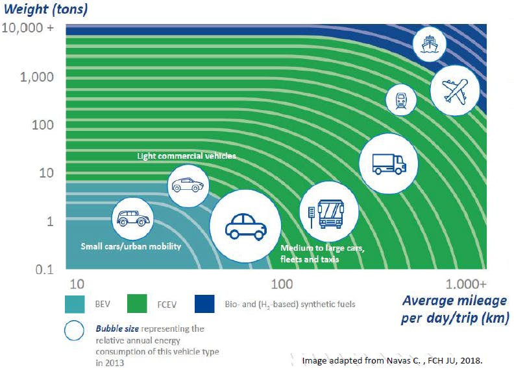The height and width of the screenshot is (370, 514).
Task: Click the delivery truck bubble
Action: [x=389, y=162]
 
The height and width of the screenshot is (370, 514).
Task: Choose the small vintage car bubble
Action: [x=133, y=218]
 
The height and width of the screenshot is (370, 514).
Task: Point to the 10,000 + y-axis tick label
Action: [x=36, y=29]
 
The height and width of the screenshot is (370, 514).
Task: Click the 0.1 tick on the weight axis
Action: [x=44, y=270]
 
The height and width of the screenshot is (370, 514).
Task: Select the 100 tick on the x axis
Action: [x=282, y=284]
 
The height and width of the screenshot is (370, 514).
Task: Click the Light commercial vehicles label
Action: [x=186, y=156]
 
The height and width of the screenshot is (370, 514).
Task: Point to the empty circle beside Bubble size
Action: [x=75, y=329]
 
